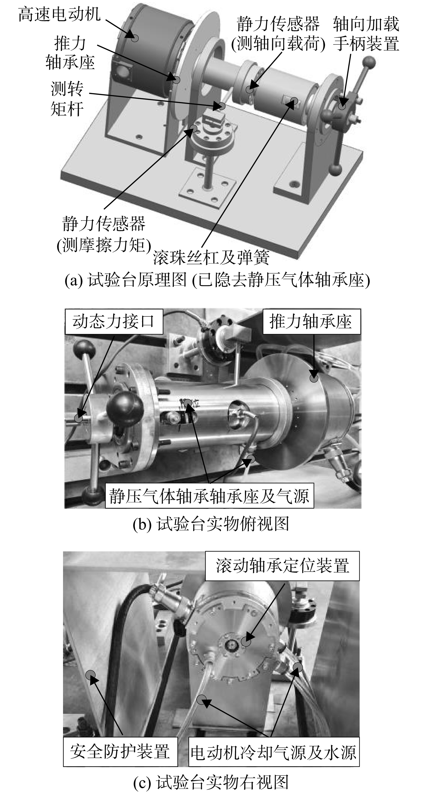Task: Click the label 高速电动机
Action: [59, 15]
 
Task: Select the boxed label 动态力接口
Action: [114, 322]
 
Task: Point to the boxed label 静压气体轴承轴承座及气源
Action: [209, 496]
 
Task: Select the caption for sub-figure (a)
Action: [217, 280]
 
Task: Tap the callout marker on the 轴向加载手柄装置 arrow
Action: [342, 106]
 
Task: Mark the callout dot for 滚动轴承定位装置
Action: [245, 642]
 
